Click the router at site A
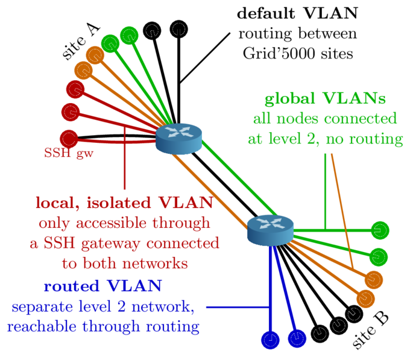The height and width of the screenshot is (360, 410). (178, 139)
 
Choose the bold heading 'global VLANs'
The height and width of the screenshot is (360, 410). (325, 98)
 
